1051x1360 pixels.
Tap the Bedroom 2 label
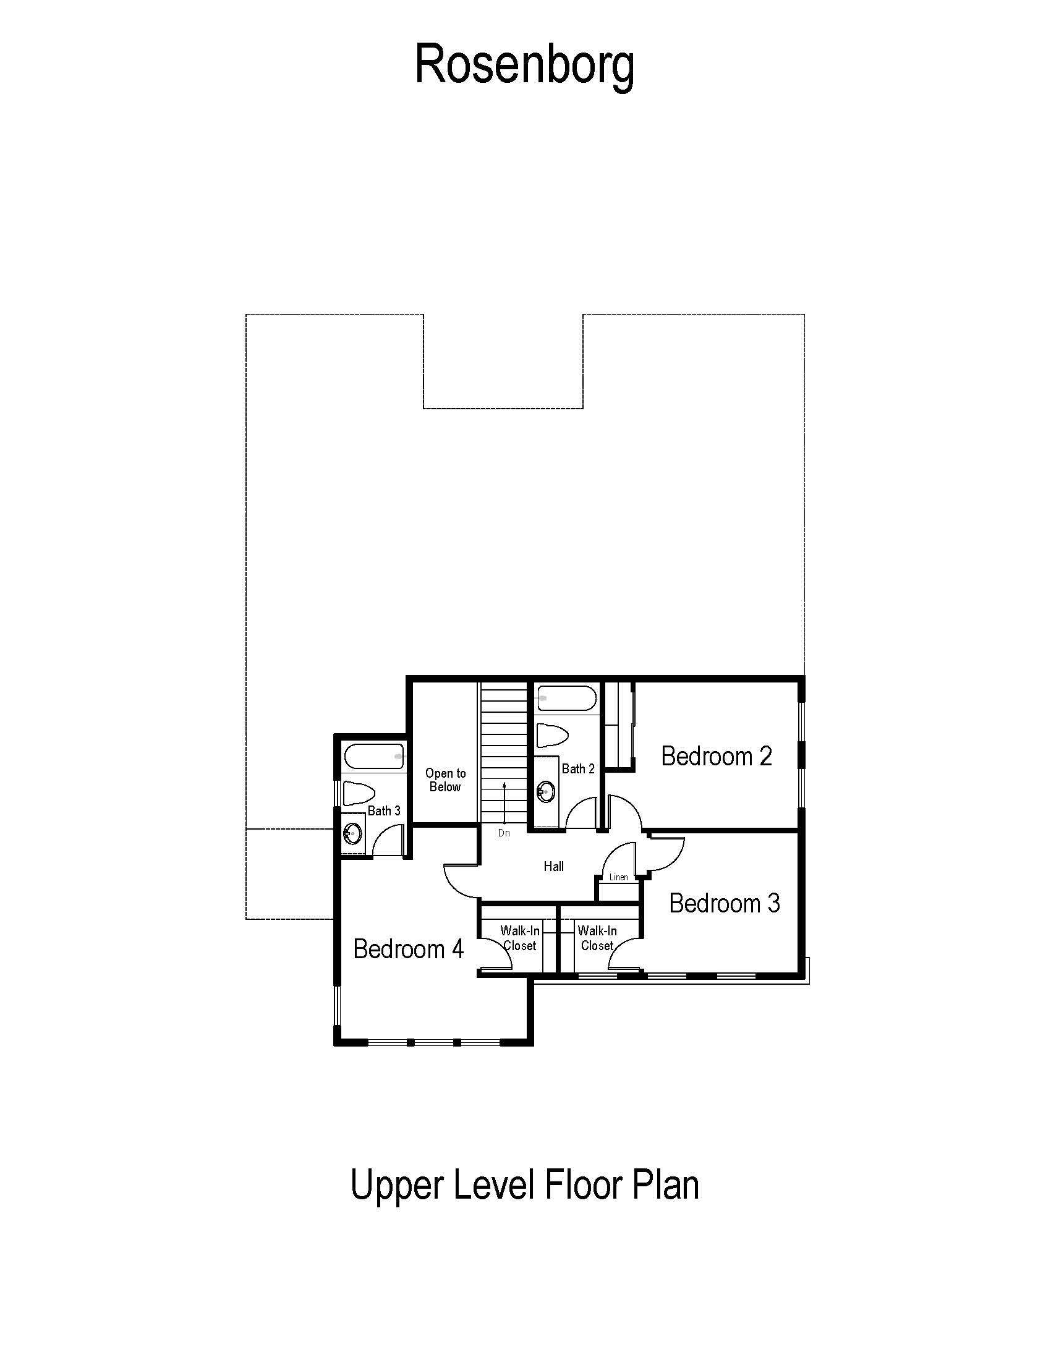pyautogui.click(x=717, y=756)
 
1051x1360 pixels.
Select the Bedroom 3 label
pyautogui.click(x=724, y=903)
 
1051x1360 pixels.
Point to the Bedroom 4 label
pyautogui.click(x=409, y=949)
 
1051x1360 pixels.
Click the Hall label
pyautogui.click(x=553, y=866)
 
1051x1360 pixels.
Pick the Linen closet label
pyautogui.click(x=618, y=877)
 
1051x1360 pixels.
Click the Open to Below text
pyautogui.click(x=445, y=780)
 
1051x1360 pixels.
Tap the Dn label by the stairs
pyautogui.click(x=504, y=833)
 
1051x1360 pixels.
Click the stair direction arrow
pyautogui.click(x=504, y=801)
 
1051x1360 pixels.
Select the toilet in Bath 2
pyautogui.click(x=552, y=736)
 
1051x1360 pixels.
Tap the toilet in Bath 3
pyautogui.click(x=359, y=793)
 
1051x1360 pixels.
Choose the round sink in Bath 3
pyautogui.click(x=353, y=833)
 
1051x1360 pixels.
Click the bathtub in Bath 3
pyautogui.click(x=373, y=756)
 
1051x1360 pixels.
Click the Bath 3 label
pyautogui.click(x=384, y=811)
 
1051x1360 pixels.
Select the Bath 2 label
pyautogui.click(x=578, y=769)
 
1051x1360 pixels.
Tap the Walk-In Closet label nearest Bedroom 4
pyautogui.click(x=520, y=938)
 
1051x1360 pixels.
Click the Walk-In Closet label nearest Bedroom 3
pyautogui.click(x=597, y=938)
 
